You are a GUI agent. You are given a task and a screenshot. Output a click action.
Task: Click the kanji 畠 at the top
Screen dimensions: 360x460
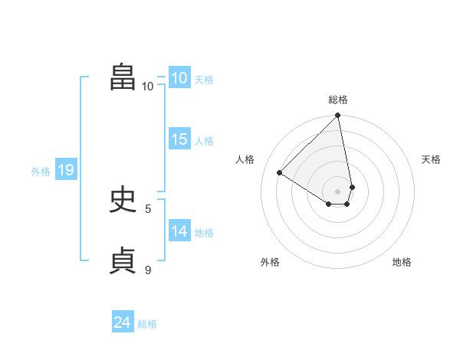(123, 77)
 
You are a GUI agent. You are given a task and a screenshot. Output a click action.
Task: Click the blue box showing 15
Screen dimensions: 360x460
(179, 139)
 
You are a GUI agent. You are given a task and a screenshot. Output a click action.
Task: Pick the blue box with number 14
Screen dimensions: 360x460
(179, 231)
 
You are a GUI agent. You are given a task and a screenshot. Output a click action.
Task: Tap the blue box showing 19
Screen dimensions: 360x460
(65, 170)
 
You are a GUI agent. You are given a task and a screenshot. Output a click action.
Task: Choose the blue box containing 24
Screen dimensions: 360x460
(122, 322)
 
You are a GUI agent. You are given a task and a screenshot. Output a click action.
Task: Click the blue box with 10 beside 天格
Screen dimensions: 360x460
(179, 78)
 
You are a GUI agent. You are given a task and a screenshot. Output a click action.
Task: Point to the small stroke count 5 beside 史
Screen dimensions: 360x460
(148, 208)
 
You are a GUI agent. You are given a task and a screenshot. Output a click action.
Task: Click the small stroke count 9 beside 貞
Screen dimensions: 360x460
(148, 270)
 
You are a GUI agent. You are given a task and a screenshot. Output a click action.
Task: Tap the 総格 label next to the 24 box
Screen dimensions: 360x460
(147, 324)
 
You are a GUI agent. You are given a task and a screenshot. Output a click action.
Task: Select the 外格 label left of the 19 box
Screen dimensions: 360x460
(41, 172)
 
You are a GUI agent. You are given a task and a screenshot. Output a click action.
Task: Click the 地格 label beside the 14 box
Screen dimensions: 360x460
(204, 233)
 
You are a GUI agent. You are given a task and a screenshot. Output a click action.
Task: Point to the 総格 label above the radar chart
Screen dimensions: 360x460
(338, 100)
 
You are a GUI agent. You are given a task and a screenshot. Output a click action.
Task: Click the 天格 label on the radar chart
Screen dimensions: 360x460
(431, 159)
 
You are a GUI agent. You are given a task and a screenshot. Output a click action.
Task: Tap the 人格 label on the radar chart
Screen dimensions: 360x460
(245, 159)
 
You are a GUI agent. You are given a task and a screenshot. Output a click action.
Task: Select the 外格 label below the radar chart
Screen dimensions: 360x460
(269, 262)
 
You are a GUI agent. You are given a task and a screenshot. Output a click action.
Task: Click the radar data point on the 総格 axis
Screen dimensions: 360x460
(338, 116)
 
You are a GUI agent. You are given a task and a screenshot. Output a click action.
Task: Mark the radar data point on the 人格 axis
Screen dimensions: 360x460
(280, 172)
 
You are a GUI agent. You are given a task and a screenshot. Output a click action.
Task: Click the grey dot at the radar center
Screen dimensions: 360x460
(338, 191)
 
